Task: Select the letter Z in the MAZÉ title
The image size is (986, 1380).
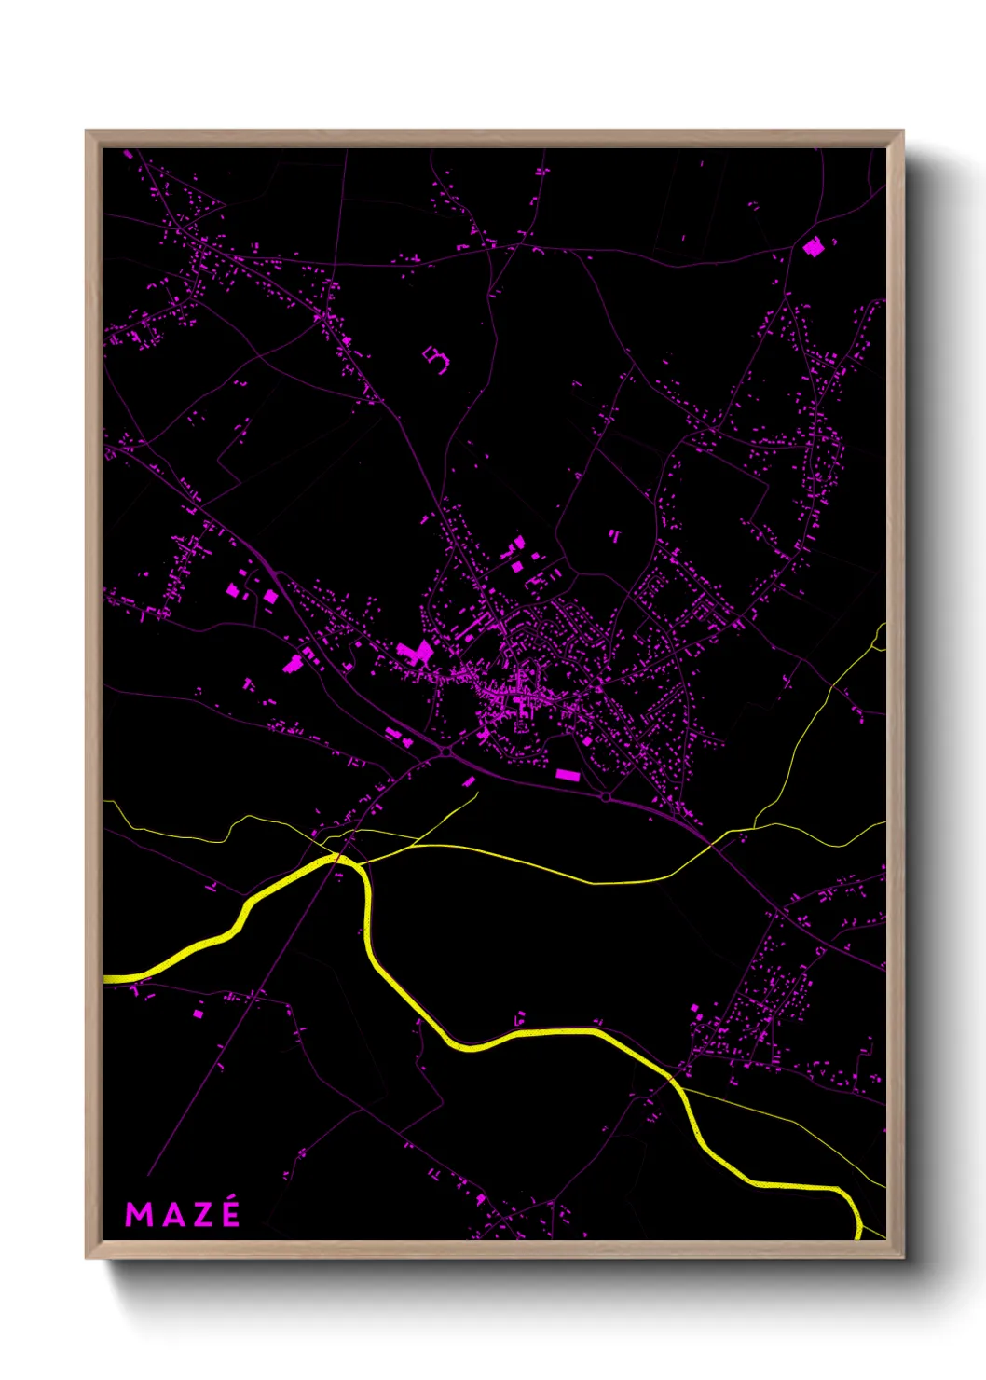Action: click(x=200, y=1214)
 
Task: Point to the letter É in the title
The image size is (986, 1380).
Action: click(x=230, y=1215)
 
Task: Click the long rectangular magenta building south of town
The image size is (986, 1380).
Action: click(x=568, y=774)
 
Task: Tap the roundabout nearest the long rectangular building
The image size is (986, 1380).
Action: click(x=606, y=797)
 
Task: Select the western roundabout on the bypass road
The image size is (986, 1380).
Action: click(x=445, y=750)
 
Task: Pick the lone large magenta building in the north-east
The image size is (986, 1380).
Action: click(x=814, y=247)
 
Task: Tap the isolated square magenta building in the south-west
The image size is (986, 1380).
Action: click(x=198, y=1012)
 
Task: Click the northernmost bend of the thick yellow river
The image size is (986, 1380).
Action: click(x=343, y=859)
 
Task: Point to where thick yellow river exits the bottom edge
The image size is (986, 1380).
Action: click(x=857, y=1236)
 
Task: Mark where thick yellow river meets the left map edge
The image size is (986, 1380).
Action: click(x=105, y=978)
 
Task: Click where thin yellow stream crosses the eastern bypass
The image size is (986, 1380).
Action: click(x=712, y=844)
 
